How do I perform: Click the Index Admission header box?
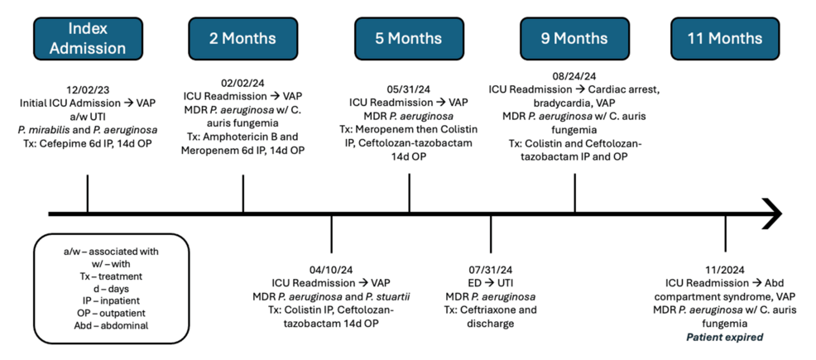coord(88,39)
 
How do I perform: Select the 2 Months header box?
coord(243,39)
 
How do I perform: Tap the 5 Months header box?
coord(409,39)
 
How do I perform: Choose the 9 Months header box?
coord(574,39)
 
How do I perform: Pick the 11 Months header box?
coord(725,39)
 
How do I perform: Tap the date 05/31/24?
coord(409,89)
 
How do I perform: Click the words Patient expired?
coord(725,337)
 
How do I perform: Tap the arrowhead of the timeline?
coord(774,214)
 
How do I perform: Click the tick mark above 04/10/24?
coord(332,233)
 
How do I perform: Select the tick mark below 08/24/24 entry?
coord(574,193)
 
